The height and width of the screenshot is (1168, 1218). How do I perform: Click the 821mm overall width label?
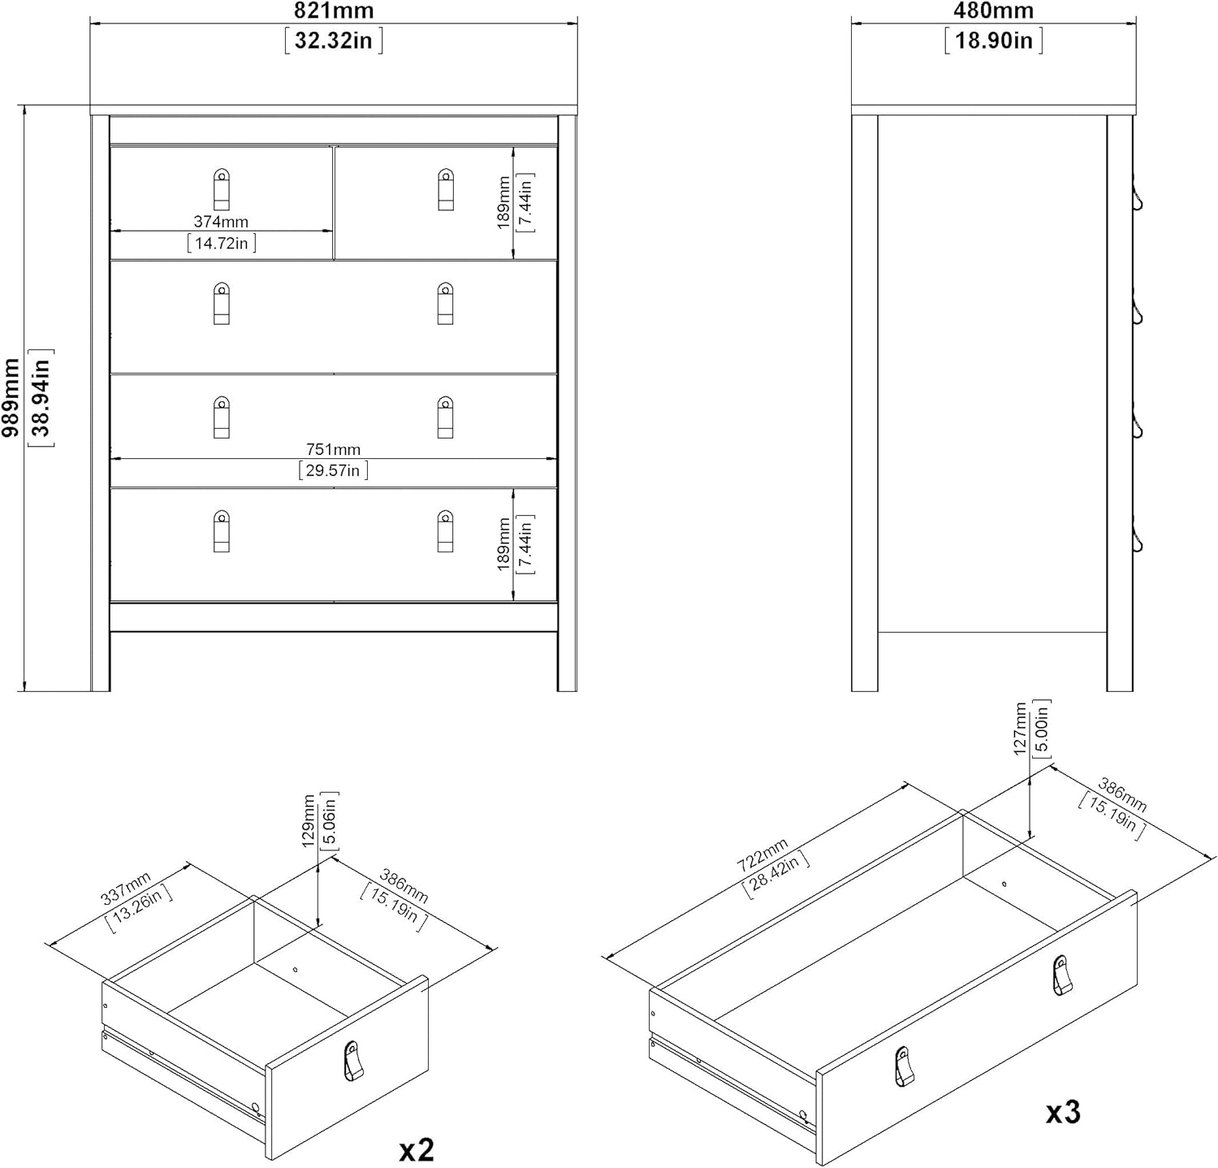pyautogui.click(x=333, y=11)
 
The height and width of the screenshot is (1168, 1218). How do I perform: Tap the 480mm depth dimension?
pyautogui.click(x=993, y=11)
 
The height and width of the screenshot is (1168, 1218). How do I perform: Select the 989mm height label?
pyautogui.click(x=11, y=398)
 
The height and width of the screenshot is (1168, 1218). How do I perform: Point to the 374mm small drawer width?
pyautogui.click(x=221, y=222)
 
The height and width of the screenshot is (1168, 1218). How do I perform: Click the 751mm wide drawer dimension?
pyautogui.click(x=333, y=449)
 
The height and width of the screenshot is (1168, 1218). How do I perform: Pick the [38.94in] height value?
pyautogui.click(x=41, y=398)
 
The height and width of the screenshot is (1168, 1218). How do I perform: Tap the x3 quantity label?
pyautogui.click(x=1063, y=1112)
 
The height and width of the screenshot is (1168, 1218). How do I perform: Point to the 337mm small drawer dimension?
pyautogui.click(x=125, y=888)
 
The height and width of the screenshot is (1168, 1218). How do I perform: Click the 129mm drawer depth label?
pyautogui.click(x=309, y=821)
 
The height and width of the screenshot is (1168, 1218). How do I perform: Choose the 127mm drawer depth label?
pyautogui.click(x=1021, y=729)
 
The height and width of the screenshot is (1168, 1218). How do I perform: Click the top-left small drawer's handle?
pyautogui.click(x=221, y=189)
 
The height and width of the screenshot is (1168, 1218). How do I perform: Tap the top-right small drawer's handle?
pyautogui.click(x=445, y=189)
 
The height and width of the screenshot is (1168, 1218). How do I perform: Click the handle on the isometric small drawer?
pyautogui.click(x=351, y=1061)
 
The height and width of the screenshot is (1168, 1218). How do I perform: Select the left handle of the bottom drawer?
pyautogui.click(x=221, y=530)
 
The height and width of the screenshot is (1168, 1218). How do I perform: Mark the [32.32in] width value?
pyautogui.click(x=333, y=40)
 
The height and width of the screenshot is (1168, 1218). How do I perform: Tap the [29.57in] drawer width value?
pyautogui.click(x=333, y=470)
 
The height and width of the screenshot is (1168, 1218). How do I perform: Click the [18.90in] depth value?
pyautogui.click(x=993, y=40)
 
